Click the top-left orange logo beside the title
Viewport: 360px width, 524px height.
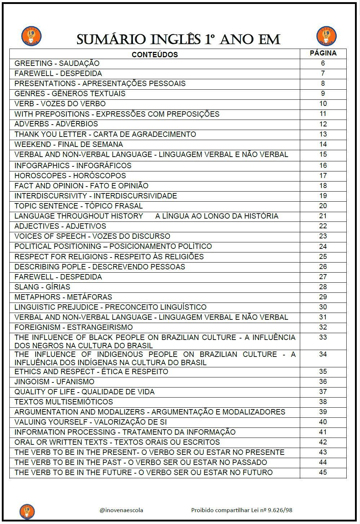(x=31, y=36)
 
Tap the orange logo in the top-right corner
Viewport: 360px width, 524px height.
(x=326, y=36)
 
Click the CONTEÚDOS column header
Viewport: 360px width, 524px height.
(x=155, y=55)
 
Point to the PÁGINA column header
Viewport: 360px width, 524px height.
(x=323, y=53)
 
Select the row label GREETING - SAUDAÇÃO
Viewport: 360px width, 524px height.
(x=57, y=63)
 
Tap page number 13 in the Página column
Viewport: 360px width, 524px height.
(x=323, y=134)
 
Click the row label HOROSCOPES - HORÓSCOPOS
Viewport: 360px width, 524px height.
(x=70, y=176)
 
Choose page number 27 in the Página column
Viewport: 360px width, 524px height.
(x=323, y=277)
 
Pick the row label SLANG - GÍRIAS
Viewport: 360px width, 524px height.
(x=42, y=287)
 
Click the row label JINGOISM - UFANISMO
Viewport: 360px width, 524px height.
(x=54, y=382)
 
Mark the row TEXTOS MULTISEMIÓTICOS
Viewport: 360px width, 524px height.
(x=64, y=402)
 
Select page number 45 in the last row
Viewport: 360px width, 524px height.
(x=323, y=473)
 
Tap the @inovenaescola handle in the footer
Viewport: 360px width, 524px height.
(x=121, y=510)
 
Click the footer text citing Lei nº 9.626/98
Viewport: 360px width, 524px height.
(x=241, y=510)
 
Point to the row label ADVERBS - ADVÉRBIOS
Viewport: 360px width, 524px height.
(x=56, y=124)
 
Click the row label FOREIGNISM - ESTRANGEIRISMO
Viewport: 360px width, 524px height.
(x=74, y=327)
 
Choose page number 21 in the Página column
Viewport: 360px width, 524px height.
(x=323, y=216)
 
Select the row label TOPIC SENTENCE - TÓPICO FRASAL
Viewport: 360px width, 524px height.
(x=79, y=206)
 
